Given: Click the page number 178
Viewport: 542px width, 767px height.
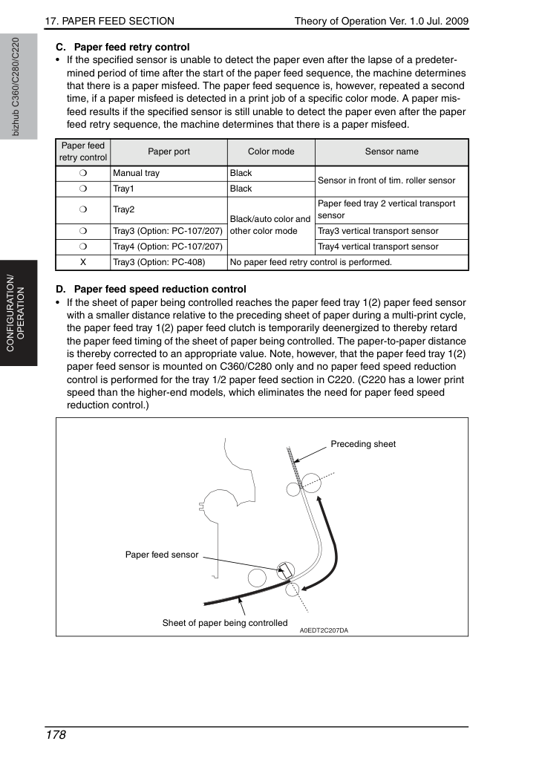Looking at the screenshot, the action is pos(55,735).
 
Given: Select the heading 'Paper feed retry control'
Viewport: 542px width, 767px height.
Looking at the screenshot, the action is pos(131,47).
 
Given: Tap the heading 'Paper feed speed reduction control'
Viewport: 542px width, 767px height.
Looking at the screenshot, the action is pos(160,289).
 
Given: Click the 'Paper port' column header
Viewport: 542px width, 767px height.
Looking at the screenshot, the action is pos(169,151).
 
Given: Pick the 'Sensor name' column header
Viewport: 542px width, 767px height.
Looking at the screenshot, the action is pos(391,151).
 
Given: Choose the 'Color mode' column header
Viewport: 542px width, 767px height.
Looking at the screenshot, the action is pos(271,151).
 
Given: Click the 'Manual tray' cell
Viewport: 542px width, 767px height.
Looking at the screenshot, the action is pos(136,173).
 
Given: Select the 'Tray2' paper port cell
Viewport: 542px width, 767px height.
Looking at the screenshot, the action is pos(124,209).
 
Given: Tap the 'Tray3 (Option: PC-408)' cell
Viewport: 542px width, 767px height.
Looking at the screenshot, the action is pos(159,262).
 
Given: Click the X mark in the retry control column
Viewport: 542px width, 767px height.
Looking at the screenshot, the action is pos(83,262).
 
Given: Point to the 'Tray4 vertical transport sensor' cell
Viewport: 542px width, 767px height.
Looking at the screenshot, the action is pos(378,247).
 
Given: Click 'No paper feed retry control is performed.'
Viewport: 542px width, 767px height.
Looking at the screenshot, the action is pos(311,262).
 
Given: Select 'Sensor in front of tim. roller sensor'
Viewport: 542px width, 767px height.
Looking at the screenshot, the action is pos(386,180).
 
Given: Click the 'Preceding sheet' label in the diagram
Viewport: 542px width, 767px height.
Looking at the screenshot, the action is pos(363,444).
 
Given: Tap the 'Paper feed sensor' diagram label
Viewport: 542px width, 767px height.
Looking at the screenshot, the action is pos(162,555).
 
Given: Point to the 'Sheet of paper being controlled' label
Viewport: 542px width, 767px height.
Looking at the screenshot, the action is pos(225,623).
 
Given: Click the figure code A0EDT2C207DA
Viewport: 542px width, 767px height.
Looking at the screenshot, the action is pos(324,630).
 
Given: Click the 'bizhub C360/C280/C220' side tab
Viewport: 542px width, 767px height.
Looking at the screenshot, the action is pos(16,87).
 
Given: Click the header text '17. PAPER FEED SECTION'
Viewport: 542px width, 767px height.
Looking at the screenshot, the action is pos(110,21).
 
